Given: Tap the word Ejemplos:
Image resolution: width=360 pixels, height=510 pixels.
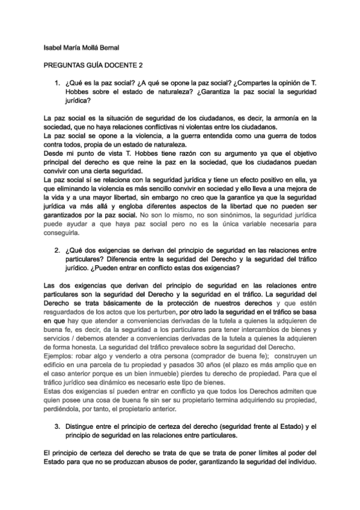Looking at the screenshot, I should pyautogui.click(x=62, y=356).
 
